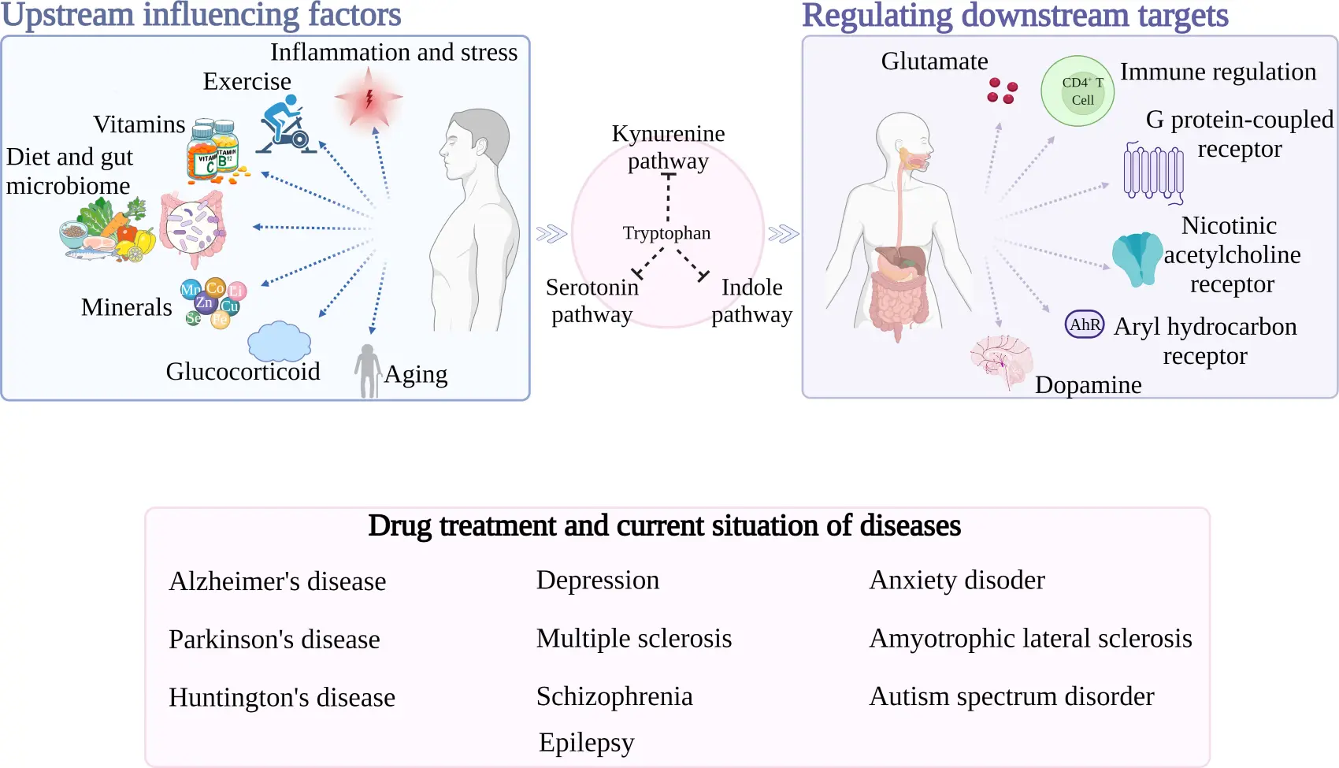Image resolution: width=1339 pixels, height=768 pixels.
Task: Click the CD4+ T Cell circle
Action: pos(1078,91)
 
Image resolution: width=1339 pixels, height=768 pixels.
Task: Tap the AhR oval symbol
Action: pos(1085,324)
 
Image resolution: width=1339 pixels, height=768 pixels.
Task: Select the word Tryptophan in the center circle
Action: pos(666,233)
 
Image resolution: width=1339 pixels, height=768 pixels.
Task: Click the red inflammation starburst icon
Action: pos(368,98)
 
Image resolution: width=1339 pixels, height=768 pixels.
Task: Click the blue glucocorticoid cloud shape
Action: pos(279,341)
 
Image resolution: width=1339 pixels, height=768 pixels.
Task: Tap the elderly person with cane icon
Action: pos(368,370)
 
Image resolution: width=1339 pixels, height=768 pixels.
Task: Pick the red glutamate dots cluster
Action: pos(1002,91)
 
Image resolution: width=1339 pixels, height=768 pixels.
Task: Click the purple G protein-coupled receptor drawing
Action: pos(1153,172)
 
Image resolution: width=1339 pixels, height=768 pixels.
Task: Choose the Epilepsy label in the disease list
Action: pos(586,742)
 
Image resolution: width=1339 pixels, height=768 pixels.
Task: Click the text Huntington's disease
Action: pos(281,697)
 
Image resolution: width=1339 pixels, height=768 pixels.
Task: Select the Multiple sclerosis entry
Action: pos(634,638)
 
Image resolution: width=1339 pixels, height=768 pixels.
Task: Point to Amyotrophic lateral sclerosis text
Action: pos(1030,638)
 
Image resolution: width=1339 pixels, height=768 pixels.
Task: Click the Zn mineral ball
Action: pos(204,302)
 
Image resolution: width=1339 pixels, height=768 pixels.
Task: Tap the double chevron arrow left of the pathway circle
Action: pos(551,233)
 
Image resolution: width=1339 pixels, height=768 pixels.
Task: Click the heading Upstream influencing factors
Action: pos(201,14)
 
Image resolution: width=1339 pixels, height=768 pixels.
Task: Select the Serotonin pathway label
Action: pos(592,300)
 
